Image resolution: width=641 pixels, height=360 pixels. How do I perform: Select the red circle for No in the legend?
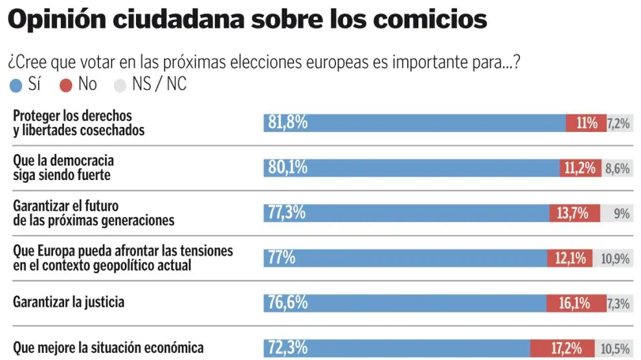(x=65, y=85)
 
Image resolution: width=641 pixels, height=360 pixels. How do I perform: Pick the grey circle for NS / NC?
(x=120, y=85)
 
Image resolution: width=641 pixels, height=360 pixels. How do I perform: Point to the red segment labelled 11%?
(x=586, y=123)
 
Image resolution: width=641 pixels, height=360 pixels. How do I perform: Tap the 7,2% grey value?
(x=618, y=123)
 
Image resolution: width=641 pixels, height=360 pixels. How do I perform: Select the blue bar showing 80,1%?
(x=411, y=168)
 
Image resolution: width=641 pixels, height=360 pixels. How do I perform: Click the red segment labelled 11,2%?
(x=580, y=168)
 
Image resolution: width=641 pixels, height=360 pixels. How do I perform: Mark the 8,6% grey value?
(x=617, y=168)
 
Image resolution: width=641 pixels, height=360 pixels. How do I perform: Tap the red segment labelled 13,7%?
(x=574, y=212)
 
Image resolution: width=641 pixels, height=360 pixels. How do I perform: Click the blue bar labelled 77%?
(x=405, y=257)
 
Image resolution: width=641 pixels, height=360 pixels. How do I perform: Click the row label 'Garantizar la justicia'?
(x=69, y=302)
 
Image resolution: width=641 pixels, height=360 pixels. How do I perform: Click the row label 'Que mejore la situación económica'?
(x=108, y=348)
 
